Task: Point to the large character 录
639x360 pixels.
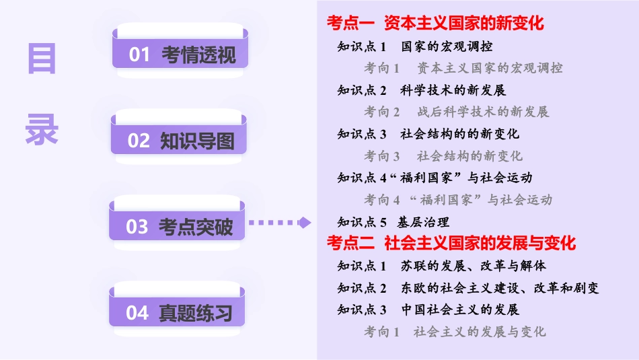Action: click(x=42, y=128)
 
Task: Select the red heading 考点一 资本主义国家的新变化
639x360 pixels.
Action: click(x=435, y=24)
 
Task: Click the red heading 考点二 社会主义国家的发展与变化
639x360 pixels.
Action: click(x=451, y=242)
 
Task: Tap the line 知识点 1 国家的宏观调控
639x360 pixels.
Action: click(x=414, y=46)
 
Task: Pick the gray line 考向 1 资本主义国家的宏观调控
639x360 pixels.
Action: click(x=463, y=68)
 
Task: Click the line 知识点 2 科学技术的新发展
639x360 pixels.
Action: click(x=421, y=90)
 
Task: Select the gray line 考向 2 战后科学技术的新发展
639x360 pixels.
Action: click(x=457, y=112)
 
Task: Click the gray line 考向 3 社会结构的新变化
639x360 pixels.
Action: click(x=443, y=156)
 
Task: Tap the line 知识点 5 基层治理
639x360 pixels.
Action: click(x=393, y=221)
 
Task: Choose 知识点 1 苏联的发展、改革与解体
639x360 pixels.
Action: click(x=441, y=266)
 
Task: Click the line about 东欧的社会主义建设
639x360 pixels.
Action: click(x=467, y=288)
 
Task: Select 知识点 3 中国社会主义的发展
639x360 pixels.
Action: click(x=428, y=310)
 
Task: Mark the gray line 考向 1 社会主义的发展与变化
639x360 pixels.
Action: click(x=455, y=332)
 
